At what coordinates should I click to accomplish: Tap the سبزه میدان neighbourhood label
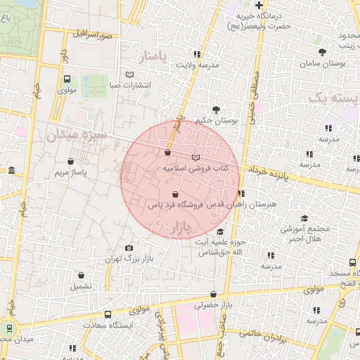[76, 134]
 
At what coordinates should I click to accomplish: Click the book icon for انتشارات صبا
[129, 75]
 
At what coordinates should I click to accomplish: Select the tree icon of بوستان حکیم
[215, 109]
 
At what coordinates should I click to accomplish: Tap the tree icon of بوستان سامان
[322, 52]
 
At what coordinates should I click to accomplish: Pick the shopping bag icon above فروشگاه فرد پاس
[174, 194]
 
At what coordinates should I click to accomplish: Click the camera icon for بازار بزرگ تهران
[129, 247]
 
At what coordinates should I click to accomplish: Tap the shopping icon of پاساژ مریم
[71, 161]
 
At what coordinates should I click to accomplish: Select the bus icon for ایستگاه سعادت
[108, 314]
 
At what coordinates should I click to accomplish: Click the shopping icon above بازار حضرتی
[213, 294]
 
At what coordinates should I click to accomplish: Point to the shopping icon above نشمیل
[81, 276]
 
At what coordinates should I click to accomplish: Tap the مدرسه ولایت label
[198, 65]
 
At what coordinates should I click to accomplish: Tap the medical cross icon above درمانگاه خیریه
[259, 4]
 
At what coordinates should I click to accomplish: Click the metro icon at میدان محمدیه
[9, 328]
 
